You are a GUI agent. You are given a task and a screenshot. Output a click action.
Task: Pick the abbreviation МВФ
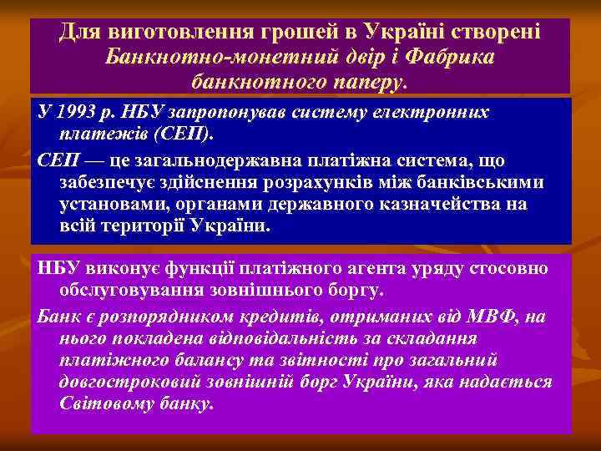tap(482, 316)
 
